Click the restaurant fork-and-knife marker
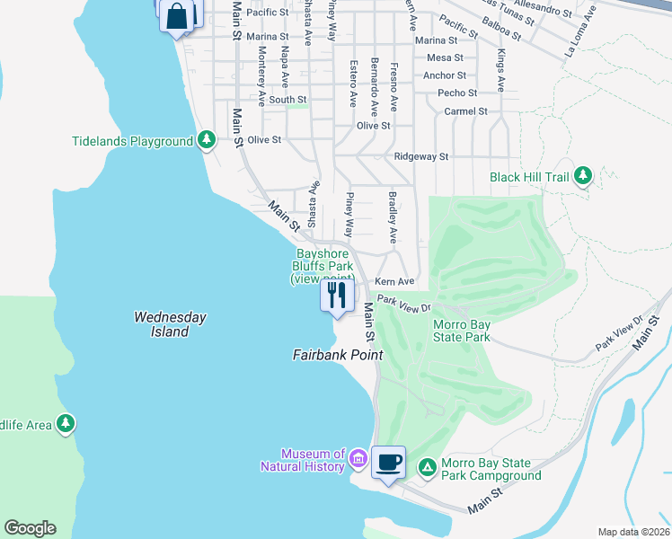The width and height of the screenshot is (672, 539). click(337, 296)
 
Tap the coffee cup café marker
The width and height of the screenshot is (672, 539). click(388, 464)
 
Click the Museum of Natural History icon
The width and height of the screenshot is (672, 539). click(358, 460)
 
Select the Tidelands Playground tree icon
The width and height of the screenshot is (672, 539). click(208, 140)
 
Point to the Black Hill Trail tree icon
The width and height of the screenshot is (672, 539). click(584, 176)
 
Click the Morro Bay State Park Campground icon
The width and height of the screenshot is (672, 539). click(428, 465)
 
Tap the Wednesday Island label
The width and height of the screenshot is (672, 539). click(170, 324)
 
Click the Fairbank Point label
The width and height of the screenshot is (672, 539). click(338, 355)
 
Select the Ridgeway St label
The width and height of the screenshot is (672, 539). click(421, 156)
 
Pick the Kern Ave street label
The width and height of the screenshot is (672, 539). click(393, 282)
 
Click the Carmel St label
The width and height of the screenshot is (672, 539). click(465, 111)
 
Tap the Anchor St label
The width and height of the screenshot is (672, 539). click(444, 75)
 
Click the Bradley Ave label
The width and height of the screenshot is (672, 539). click(392, 216)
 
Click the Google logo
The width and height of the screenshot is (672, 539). click(30, 528)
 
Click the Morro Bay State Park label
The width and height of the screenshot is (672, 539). click(462, 331)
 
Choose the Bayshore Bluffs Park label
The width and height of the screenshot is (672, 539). click(323, 267)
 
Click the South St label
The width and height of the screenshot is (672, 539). click(288, 100)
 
